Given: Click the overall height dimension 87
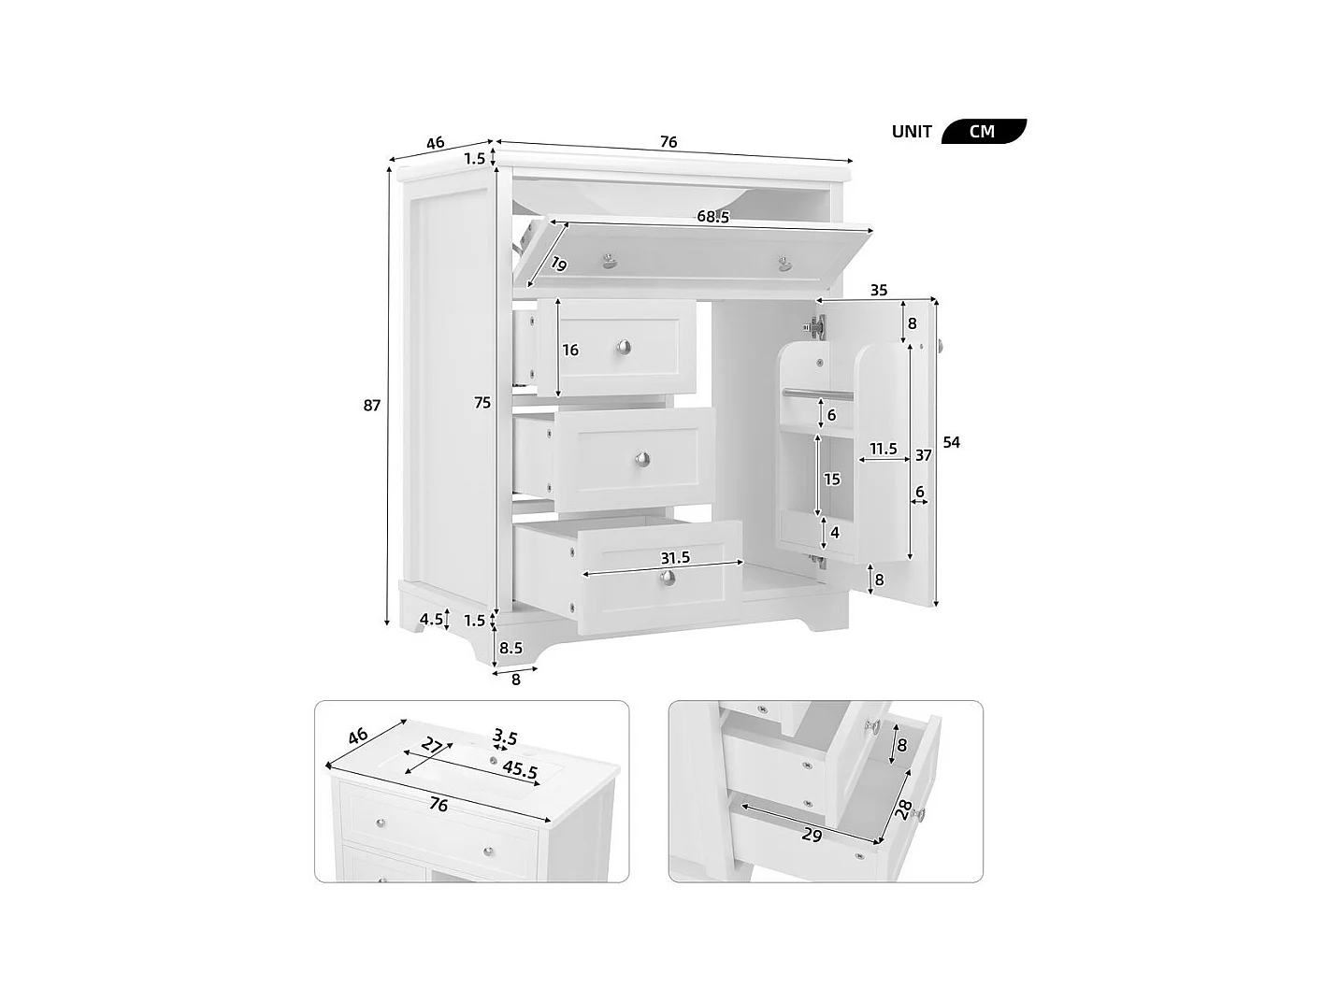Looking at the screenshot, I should (x=372, y=406).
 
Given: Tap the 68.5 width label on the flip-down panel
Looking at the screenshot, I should (x=712, y=217).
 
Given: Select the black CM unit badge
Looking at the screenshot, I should (x=983, y=131).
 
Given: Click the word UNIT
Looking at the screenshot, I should (x=912, y=132).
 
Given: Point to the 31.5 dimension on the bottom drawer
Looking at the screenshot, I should (x=675, y=558).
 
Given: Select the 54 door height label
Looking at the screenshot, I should (x=951, y=442).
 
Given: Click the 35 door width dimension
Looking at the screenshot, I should (x=879, y=291).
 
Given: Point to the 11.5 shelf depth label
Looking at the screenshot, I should (x=884, y=449).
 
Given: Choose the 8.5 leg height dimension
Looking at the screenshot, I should (x=511, y=647).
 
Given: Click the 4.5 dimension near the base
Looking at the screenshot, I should (x=431, y=619).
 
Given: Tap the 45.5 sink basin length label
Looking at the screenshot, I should (x=520, y=770).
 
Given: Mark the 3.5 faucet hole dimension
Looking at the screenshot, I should (x=505, y=737).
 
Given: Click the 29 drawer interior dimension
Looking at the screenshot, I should (x=812, y=835).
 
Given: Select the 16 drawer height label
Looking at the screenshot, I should (x=570, y=351).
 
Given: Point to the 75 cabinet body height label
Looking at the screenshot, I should (x=482, y=403).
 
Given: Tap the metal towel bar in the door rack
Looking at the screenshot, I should (x=814, y=393).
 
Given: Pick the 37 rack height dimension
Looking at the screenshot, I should (x=923, y=455).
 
